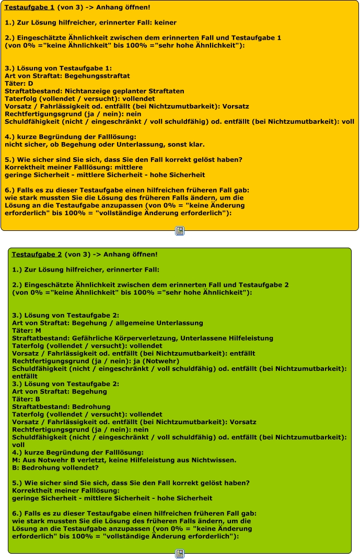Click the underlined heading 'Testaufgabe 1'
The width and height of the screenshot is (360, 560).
click(x=29, y=7)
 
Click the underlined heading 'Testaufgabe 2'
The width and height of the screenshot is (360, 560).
click(x=37, y=254)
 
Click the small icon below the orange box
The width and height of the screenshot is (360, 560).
click(x=180, y=231)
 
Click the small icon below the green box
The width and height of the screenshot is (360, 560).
click(x=180, y=554)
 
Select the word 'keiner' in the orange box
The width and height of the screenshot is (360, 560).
click(x=166, y=22)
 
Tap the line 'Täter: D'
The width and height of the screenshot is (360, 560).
click(x=19, y=84)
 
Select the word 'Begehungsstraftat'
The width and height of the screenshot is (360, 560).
click(x=87, y=76)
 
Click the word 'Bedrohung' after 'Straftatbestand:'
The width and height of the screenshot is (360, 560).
click(x=91, y=406)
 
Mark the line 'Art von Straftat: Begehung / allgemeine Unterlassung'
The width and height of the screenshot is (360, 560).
click(x=107, y=323)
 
